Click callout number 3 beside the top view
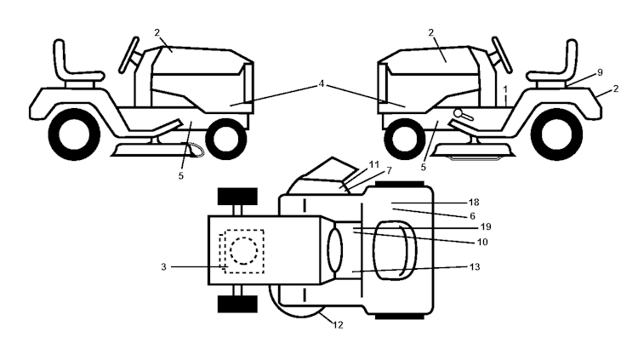pos(163,267)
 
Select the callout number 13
pos(474,267)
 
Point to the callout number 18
pos(475,203)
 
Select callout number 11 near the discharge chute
pos(374,163)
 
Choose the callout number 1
pos(504,88)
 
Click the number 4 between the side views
pos(321,83)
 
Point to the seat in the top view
pos(396,249)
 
